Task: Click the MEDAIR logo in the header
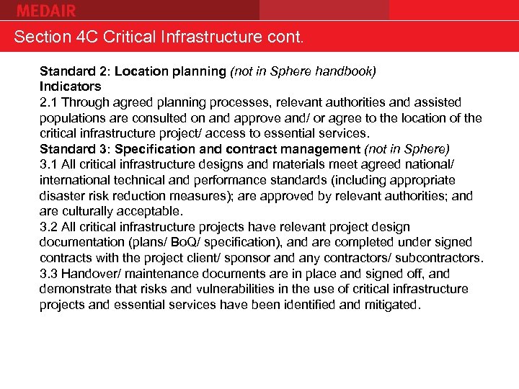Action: pyautogui.click(x=46, y=10)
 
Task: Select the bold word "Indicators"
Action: pyautogui.click(x=70, y=87)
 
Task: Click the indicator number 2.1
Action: pyautogui.click(x=48, y=103)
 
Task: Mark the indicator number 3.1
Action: pyautogui.click(x=48, y=165)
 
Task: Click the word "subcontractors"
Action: pyautogui.click(x=439, y=258)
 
